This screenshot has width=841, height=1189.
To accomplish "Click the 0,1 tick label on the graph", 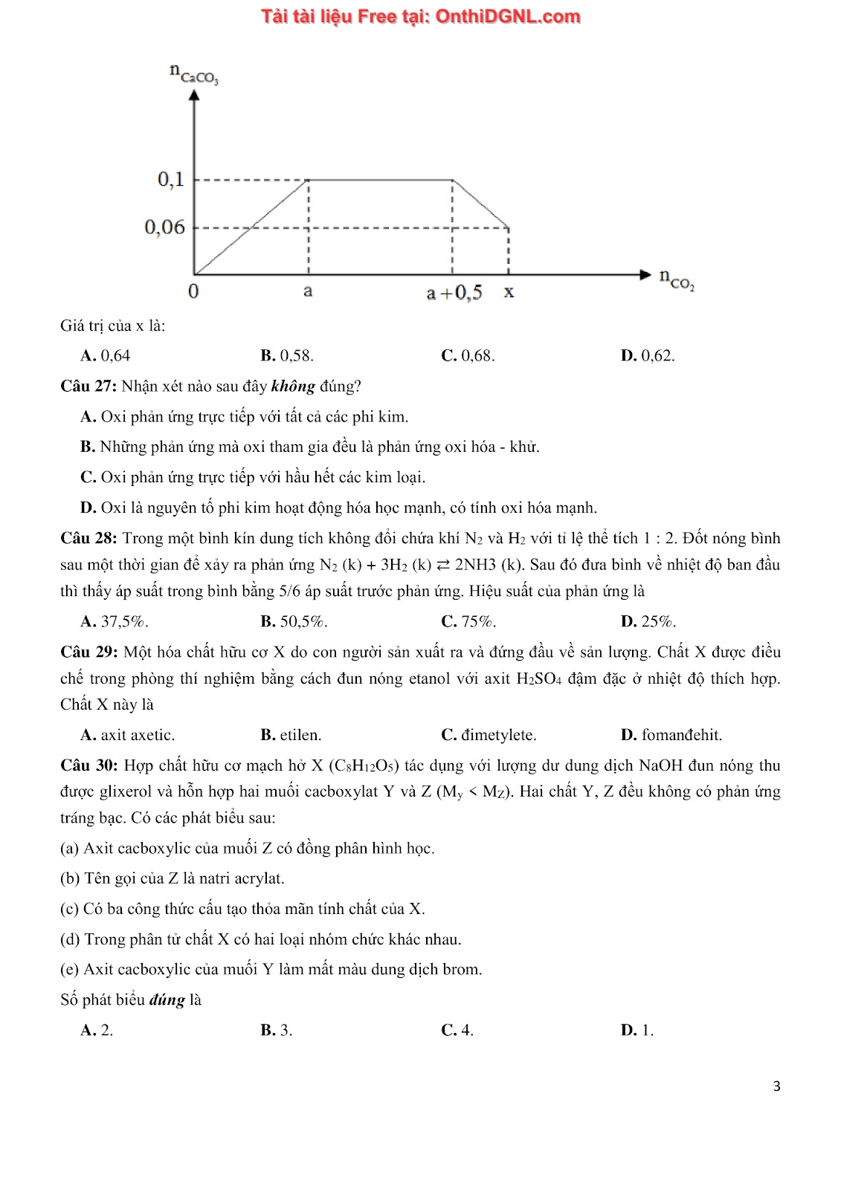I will tap(170, 179).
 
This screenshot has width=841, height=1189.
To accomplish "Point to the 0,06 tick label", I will tap(164, 227).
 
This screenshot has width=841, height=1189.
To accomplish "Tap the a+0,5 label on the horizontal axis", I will tap(454, 293).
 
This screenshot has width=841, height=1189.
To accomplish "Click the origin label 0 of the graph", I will tap(193, 291).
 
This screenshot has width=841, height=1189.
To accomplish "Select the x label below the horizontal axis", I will tap(509, 291).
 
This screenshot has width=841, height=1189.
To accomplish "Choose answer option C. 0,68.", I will tap(468, 355).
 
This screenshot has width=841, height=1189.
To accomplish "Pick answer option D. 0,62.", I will tap(648, 355).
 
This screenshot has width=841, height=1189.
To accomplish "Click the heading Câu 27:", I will tap(88, 386).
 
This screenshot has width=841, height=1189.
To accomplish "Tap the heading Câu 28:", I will tap(88, 538).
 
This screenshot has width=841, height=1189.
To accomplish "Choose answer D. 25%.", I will tap(648, 621).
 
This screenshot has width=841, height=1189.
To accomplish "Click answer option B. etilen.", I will tap(291, 735).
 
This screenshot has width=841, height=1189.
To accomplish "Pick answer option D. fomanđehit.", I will tap(671, 735).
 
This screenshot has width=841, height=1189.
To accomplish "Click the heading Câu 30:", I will tap(88, 765).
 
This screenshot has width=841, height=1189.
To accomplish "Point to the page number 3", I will tap(777, 1086).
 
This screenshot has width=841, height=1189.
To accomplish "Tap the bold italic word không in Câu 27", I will tap(293, 386).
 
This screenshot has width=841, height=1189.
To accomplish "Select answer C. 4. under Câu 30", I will tap(457, 1030).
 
